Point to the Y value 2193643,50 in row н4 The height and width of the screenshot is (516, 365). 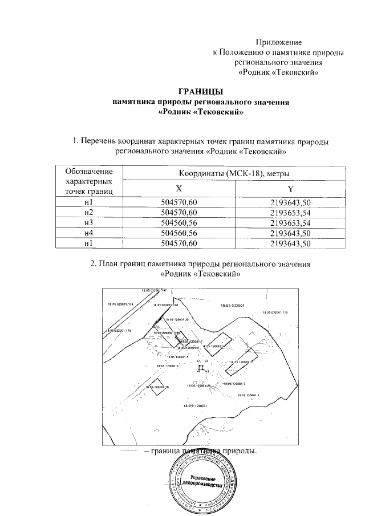pyautogui.click(x=291, y=233)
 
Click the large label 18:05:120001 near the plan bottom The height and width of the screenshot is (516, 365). pyautogui.click(x=194, y=406)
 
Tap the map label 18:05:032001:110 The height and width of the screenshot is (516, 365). pyautogui.click(x=275, y=312)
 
